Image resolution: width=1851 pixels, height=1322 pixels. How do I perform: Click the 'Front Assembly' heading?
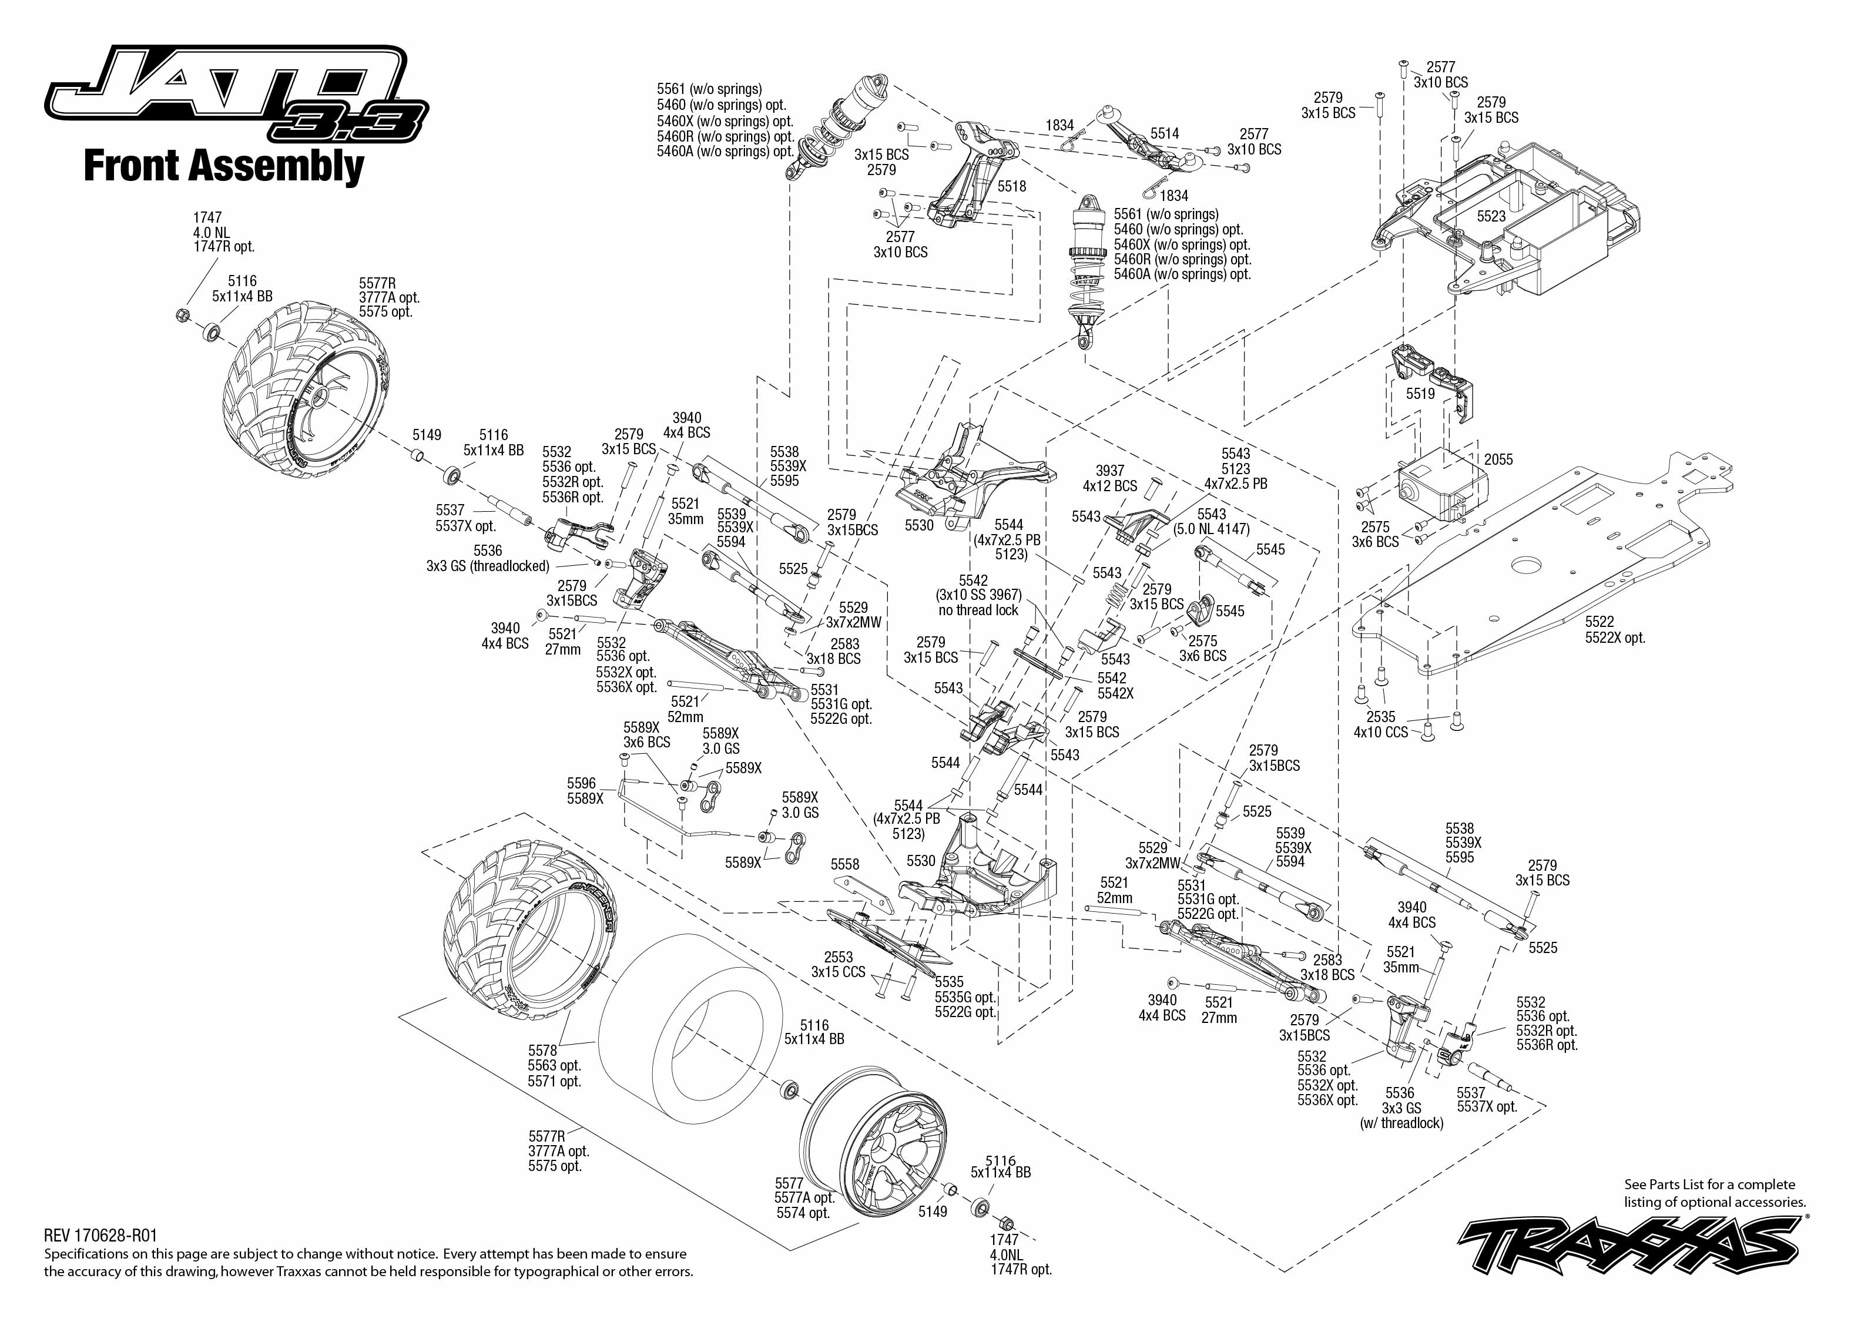pos(224,166)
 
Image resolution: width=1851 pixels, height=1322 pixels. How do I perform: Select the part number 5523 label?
pos(1491,217)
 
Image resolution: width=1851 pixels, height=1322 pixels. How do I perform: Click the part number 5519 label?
pos(1420,394)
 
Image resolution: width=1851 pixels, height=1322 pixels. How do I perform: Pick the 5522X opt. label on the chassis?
pos(1615,638)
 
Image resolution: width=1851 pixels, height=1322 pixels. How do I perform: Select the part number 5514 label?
pos(1164,133)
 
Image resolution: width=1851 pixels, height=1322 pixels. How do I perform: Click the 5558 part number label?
pos(845,864)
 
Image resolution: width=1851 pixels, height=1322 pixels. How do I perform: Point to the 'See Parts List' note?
pos(1714,1193)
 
